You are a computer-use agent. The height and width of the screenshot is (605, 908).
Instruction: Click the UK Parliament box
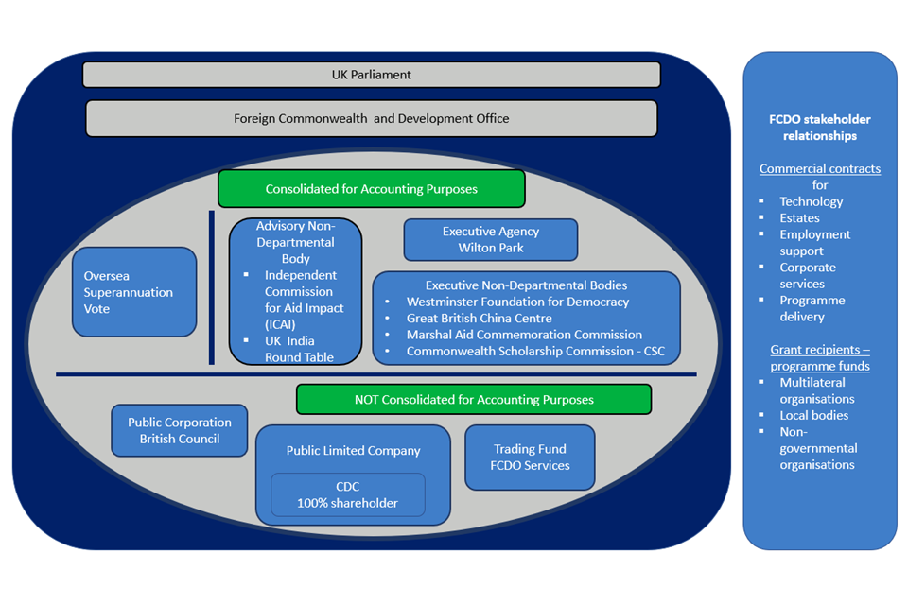(x=371, y=75)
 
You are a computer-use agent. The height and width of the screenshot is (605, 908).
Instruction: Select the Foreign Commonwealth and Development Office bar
(x=371, y=119)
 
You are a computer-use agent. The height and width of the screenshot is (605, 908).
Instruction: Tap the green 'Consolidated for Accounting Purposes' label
(x=371, y=189)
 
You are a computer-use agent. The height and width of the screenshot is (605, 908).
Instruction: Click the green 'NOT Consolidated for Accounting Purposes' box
(x=474, y=400)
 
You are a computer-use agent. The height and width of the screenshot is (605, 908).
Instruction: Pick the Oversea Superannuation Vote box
(x=133, y=292)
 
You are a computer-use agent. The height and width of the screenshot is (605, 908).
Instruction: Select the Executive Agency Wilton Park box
(x=490, y=240)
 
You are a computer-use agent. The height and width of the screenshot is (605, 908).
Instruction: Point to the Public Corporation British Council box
(x=180, y=430)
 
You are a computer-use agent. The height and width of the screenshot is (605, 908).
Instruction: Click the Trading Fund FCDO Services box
(x=530, y=458)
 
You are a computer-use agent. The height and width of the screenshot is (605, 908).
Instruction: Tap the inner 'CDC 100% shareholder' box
(x=347, y=494)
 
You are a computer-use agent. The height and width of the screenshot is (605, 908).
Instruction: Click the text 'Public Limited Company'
(x=353, y=451)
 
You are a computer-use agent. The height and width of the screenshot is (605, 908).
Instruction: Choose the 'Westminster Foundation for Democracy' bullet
(x=517, y=302)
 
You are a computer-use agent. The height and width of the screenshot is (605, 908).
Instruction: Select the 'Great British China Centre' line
(x=479, y=319)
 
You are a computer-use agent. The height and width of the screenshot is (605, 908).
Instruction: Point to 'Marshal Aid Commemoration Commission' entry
(x=524, y=335)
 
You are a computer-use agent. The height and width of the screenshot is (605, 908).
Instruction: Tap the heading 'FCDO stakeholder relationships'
(x=819, y=128)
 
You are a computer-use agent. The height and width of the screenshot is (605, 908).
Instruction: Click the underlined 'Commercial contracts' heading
(x=819, y=169)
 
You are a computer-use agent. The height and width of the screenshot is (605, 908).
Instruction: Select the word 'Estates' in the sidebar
(x=799, y=218)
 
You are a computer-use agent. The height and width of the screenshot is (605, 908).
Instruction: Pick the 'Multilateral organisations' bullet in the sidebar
(x=812, y=390)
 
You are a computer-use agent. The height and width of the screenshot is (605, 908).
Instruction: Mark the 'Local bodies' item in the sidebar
(x=813, y=415)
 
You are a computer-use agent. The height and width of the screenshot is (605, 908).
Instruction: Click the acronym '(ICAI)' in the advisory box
(x=281, y=324)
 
